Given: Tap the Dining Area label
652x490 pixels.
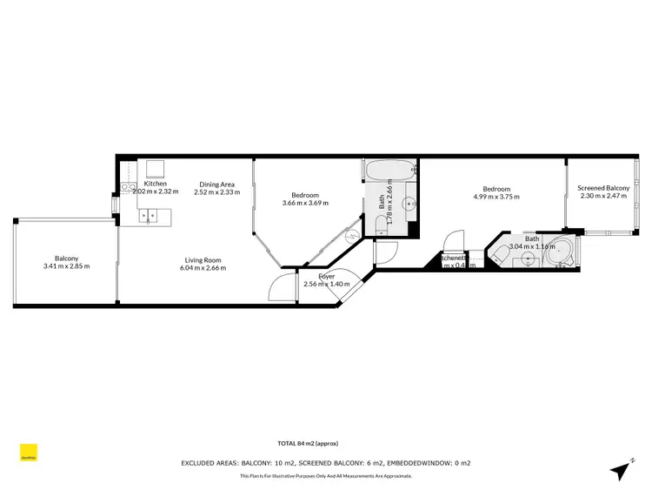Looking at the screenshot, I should (216, 184).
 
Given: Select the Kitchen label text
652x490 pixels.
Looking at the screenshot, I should (155, 184).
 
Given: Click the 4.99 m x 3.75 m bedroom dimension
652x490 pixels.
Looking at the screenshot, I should (496, 197).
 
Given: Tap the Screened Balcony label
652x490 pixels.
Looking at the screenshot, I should (603, 188).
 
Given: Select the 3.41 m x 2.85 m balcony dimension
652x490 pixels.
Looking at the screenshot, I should (67, 266).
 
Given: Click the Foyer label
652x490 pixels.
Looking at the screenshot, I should (326, 276).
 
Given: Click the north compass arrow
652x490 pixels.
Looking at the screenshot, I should (620, 470).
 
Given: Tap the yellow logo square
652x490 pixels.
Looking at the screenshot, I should (29, 453).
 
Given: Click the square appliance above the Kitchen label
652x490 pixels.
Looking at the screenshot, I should (155, 167).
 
